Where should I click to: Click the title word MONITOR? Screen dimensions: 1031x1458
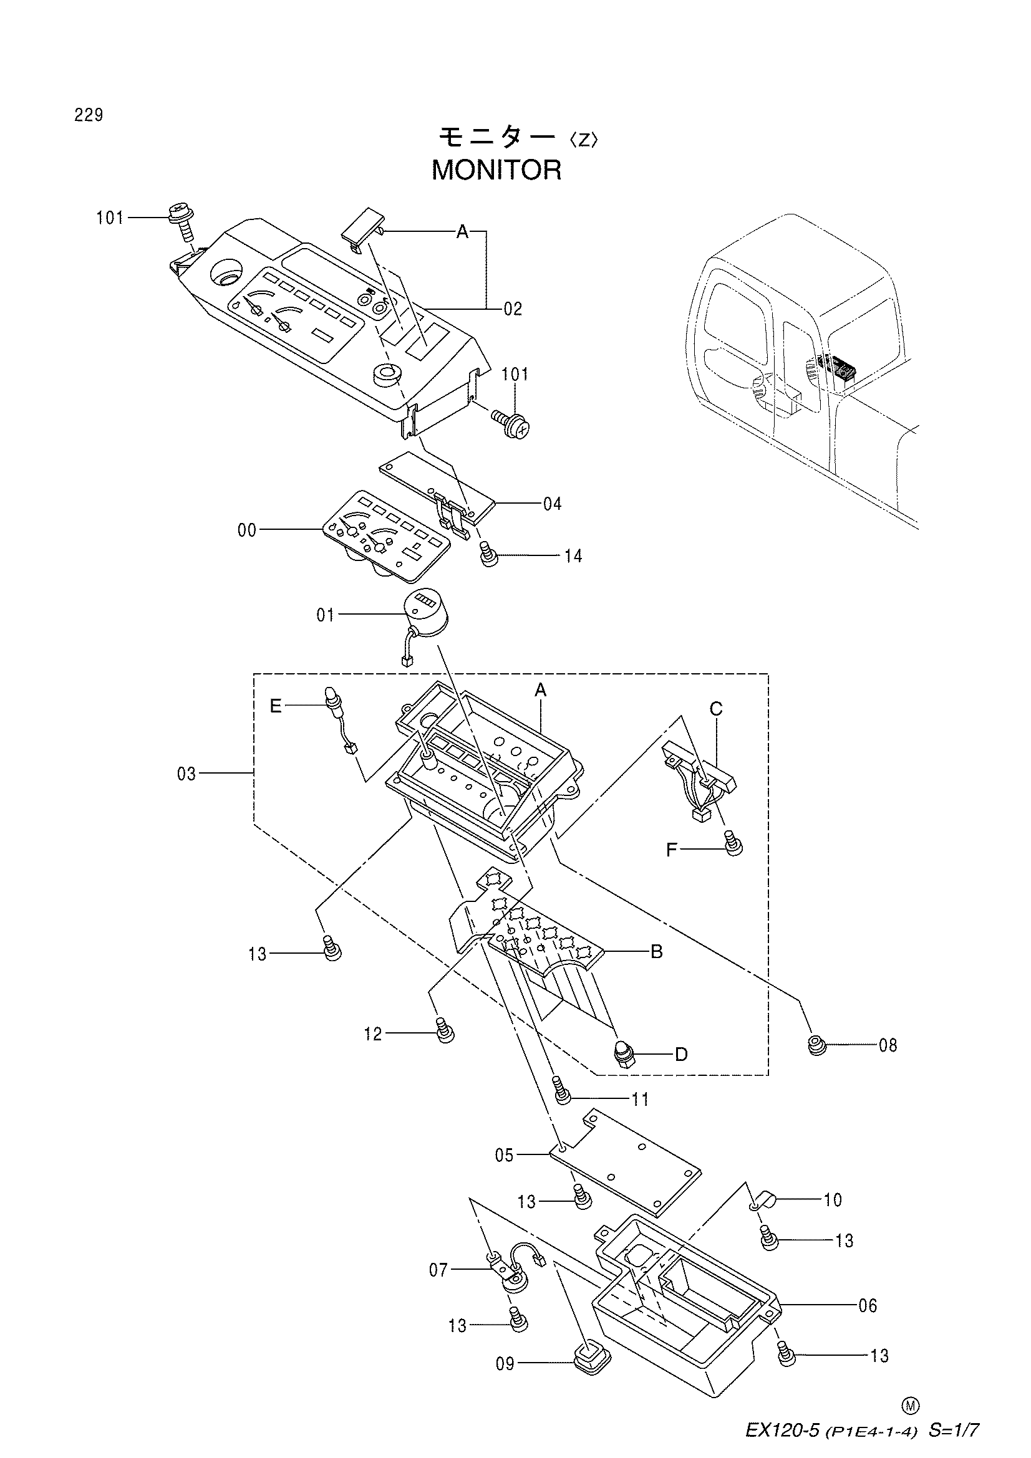click(x=496, y=170)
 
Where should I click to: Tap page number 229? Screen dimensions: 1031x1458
click(x=89, y=115)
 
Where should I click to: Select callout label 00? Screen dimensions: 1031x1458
click(x=246, y=530)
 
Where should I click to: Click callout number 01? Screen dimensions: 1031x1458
click(x=325, y=615)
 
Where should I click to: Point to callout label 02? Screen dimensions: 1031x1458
click(x=513, y=309)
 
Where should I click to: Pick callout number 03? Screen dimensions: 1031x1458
click(x=186, y=774)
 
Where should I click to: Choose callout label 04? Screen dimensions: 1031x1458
click(x=552, y=504)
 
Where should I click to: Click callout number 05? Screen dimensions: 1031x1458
click(x=505, y=1155)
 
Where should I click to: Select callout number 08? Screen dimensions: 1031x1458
click(x=888, y=1045)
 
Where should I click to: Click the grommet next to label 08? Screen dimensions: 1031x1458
click(x=816, y=1044)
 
